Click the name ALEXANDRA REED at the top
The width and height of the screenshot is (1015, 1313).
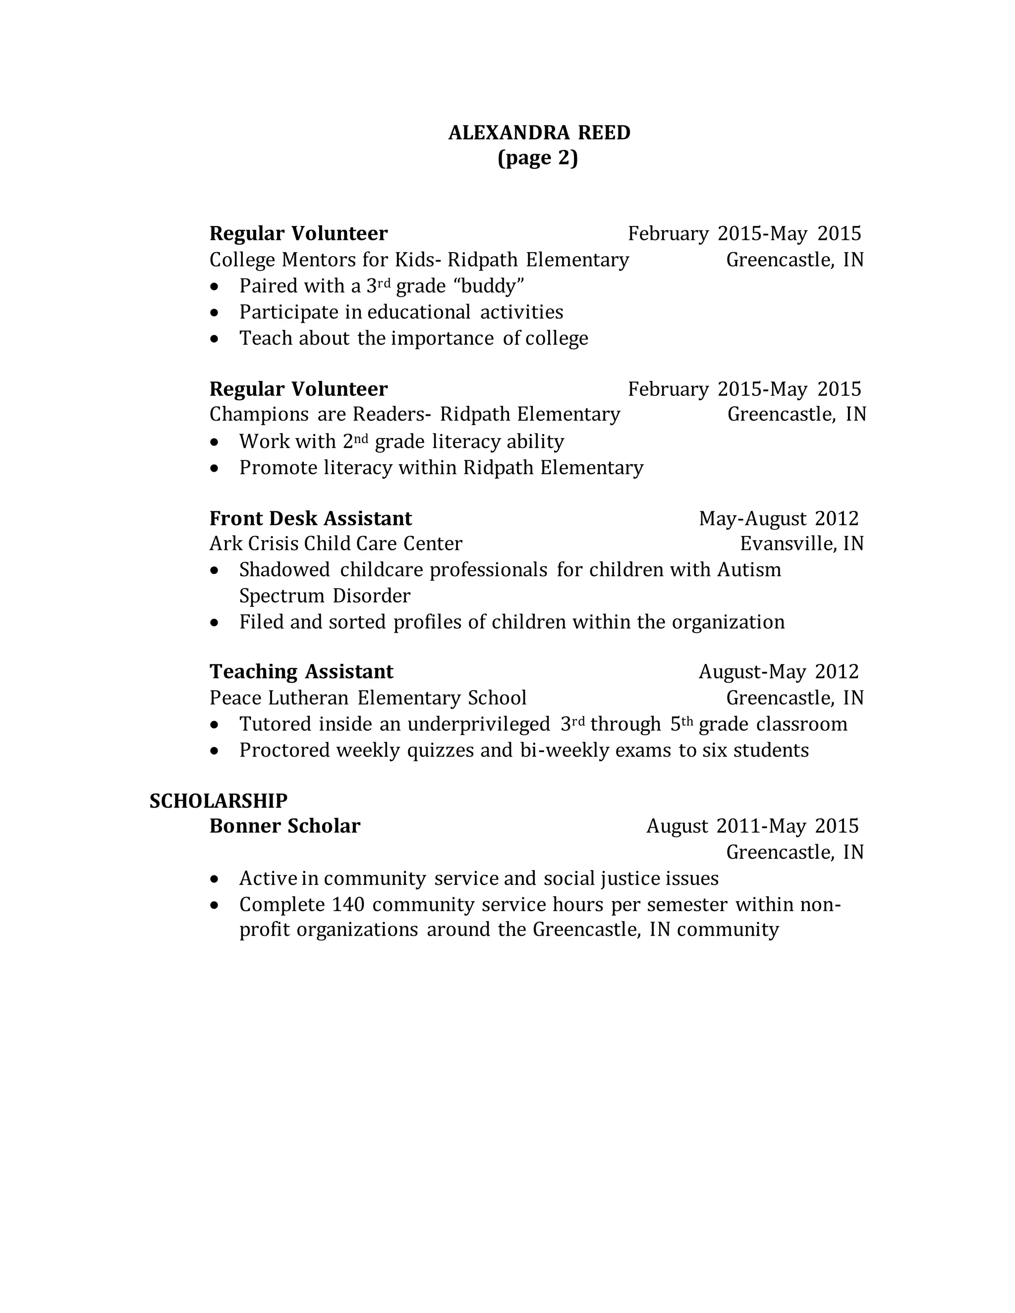[539, 133]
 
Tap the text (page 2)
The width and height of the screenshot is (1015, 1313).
[538, 158]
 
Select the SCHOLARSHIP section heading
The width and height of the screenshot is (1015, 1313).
[218, 801]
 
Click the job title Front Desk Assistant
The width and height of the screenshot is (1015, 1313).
[310, 518]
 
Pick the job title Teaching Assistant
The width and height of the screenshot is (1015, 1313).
[301, 671]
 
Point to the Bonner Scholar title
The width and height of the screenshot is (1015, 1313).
[284, 826]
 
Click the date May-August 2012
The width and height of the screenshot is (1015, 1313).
[778, 518]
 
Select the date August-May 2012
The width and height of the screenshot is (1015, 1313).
[778, 671]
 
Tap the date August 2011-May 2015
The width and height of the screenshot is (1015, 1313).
[752, 826]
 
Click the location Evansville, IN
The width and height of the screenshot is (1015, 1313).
[801, 544]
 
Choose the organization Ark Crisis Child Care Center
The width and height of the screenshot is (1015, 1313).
[336, 544]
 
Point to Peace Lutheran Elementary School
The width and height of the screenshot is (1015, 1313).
[367, 698]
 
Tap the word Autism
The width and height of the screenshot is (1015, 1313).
[749, 569]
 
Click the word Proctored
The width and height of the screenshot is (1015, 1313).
[284, 750]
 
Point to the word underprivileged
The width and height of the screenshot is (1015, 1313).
[479, 724]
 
